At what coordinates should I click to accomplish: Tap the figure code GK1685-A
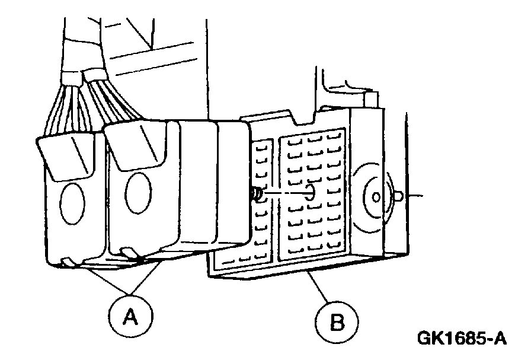point(463,339)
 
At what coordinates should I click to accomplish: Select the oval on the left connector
point(72,203)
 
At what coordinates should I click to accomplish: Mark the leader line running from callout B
point(320,290)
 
